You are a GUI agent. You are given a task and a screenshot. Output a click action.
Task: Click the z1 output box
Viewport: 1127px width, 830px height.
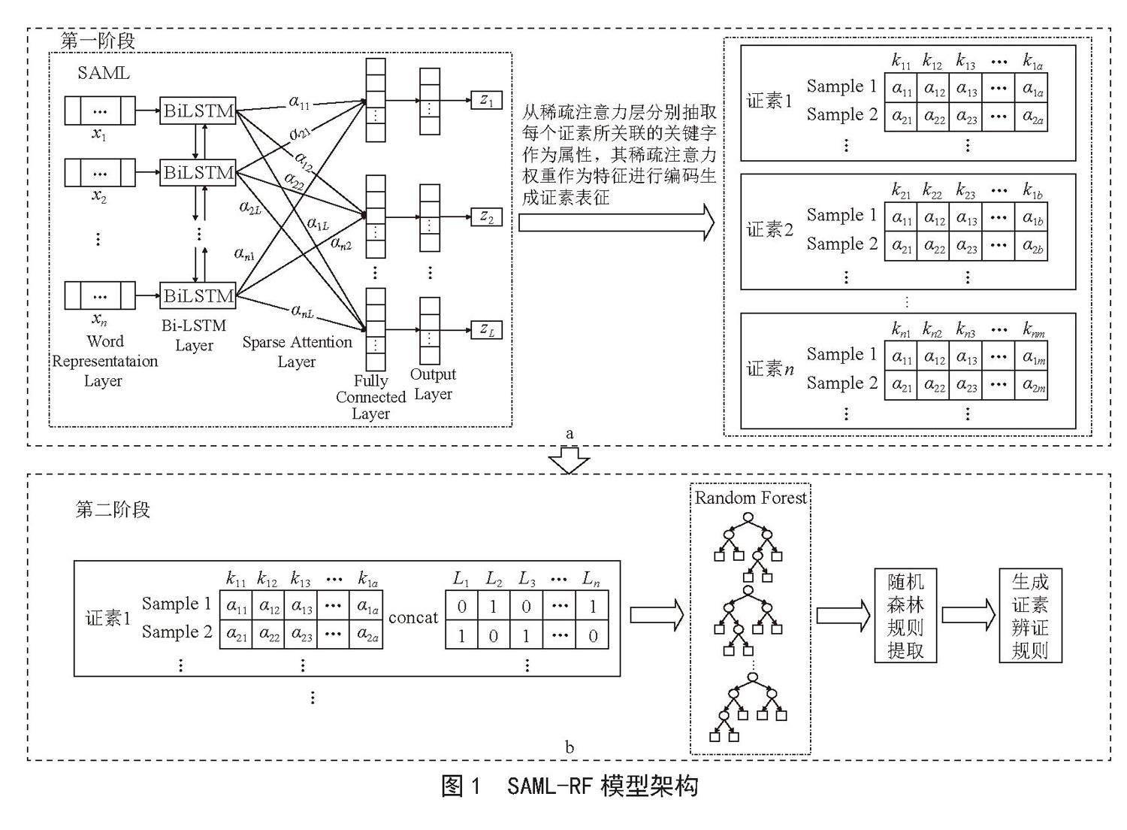tap(486, 100)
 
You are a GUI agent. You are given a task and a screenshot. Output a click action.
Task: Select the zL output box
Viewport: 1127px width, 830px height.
tap(486, 330)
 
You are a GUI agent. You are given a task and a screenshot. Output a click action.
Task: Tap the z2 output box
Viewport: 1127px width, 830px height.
tap(486, 217)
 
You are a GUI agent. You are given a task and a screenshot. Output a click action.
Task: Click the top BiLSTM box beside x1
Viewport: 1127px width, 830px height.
tap(198, 111)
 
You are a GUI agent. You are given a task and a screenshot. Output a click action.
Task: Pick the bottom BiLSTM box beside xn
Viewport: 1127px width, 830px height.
tap(198, 295)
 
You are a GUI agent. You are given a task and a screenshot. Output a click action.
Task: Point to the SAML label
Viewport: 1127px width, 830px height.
tap(104, 73)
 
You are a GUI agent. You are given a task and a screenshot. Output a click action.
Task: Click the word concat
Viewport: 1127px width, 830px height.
tap(413, 617)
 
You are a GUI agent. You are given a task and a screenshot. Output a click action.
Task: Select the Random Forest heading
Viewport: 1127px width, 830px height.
tap(750, 498)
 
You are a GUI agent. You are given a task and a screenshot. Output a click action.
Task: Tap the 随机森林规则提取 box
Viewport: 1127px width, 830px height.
tap(905, 616)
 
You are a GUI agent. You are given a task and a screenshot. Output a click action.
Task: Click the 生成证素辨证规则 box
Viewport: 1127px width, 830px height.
tap(1030, 616)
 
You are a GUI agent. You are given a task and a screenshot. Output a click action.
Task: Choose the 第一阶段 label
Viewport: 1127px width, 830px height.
tap(98, 41)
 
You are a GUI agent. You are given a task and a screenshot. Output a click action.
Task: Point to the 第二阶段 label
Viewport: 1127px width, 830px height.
tap(113, 510)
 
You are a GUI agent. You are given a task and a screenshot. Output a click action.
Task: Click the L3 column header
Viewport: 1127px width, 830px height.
tap(526, 580)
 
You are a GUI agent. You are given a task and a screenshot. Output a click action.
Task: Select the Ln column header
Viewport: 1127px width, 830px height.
tap(591, 580)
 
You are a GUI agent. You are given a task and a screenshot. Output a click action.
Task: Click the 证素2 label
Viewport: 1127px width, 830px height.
tap(769, 230)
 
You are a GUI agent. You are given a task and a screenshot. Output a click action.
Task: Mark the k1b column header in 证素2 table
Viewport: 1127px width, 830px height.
tap(1032, 191)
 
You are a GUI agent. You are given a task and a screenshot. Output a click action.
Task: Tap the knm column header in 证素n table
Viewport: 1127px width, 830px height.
tap(1033, 330)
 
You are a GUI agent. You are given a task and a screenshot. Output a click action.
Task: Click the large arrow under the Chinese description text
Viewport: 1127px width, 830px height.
tap(616, 222)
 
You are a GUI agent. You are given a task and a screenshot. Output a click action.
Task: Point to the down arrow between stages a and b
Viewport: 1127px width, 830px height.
tap(569, 459)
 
